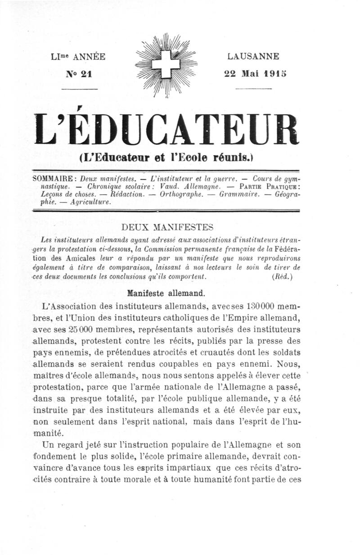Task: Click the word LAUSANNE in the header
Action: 253,57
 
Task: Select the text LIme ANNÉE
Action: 79,57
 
